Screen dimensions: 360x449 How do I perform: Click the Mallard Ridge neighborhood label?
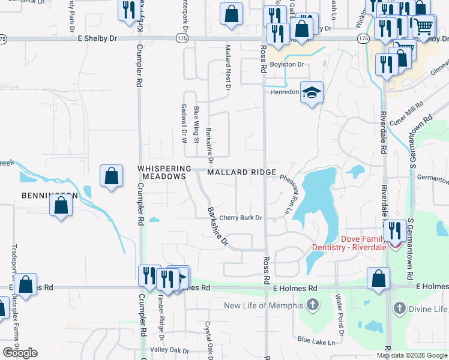pos(242,172)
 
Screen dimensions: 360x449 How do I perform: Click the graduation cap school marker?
pos(312,92)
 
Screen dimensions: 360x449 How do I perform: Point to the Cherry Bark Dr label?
pos(241,218)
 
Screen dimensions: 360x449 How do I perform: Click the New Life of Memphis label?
pos(264,305)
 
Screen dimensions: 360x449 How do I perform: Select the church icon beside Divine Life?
pos(399,308)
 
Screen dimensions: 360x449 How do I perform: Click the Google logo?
pos(20,353)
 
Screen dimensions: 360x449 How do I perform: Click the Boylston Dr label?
pos(288,64)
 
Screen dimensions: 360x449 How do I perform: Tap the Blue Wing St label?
pos(196,125)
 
